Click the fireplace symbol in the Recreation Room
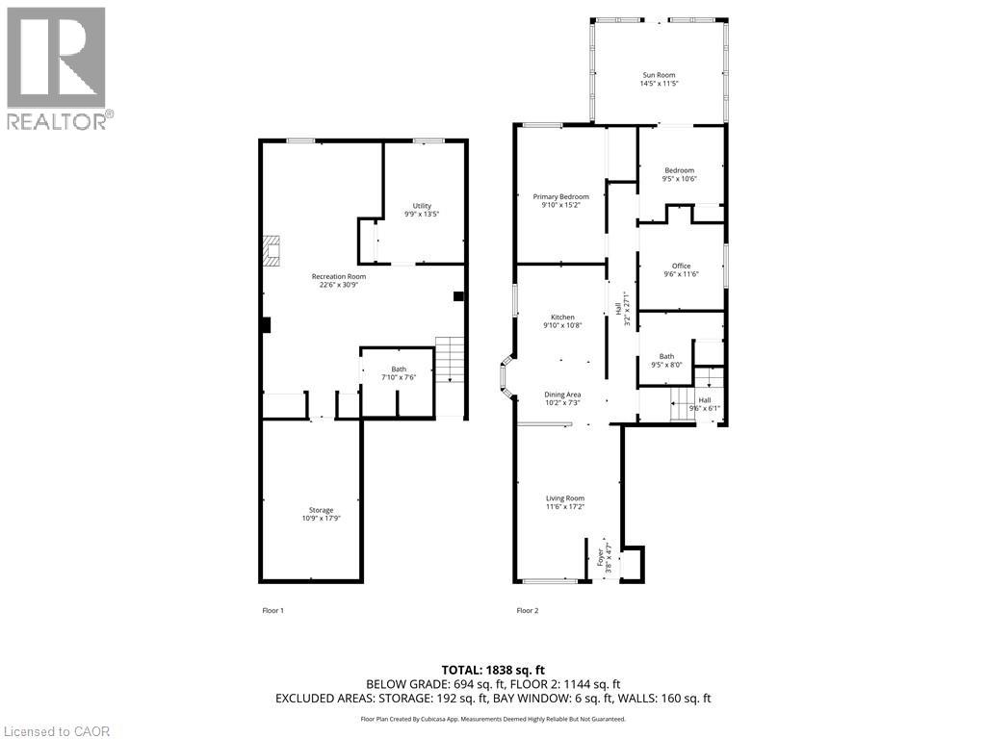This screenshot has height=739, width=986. tap(271, 251)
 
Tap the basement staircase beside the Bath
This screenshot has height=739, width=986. tap(451, 360)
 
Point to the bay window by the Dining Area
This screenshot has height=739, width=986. tap(506, 376)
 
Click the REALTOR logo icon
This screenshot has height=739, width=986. tap(56, 57)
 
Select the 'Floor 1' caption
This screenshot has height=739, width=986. tap(272, 610)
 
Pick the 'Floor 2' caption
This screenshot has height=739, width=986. tap(528, 610)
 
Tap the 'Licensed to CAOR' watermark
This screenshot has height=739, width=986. tap(55, 731)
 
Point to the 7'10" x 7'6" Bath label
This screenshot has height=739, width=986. tap(399, 373)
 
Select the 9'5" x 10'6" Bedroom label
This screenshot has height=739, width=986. tap(680, 174)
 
